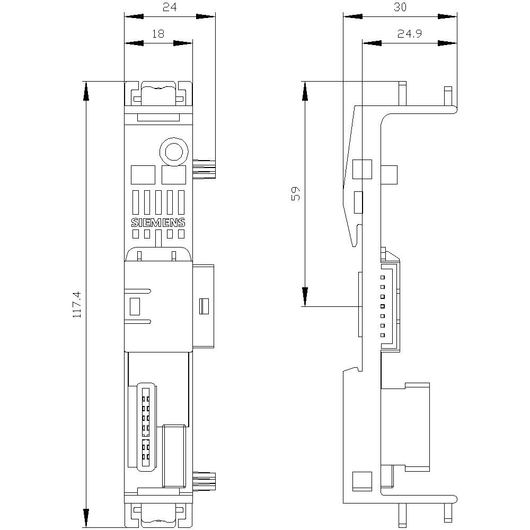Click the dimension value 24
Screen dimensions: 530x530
click(x=170, y=7)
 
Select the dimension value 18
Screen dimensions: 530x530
click(x=158, y=34)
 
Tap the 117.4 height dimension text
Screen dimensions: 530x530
click(x=77, y=304)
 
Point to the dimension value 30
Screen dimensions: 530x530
click(x=400, y=7)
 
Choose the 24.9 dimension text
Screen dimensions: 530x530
click(x=409, y=34)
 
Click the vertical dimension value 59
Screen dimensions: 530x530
click(x=295, y=193)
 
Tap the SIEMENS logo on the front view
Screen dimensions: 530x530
click(x=158, y=223)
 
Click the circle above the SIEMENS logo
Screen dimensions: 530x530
click(x=174, y=152)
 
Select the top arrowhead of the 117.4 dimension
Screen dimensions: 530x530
click(x=86, y=91)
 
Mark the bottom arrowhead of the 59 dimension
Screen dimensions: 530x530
click(x=305, y=296)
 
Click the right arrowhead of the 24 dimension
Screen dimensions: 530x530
click(x=206, y=16)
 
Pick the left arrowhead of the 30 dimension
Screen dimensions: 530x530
click(x=352, y=16)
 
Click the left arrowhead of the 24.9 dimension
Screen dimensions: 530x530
click(x=372, y=43)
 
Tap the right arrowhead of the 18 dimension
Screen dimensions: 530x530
click(x=183, y=43)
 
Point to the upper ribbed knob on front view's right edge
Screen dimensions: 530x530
click(x=204, y=169)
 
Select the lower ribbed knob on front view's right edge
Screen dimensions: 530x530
click(x=204, y=481)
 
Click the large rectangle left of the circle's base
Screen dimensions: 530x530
click(x=143, y=175)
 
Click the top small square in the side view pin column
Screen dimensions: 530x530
click(x=383, y=278)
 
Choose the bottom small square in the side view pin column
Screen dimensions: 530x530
click(x=383, y=335)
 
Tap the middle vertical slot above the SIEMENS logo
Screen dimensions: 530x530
click(x=158, y=202)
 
